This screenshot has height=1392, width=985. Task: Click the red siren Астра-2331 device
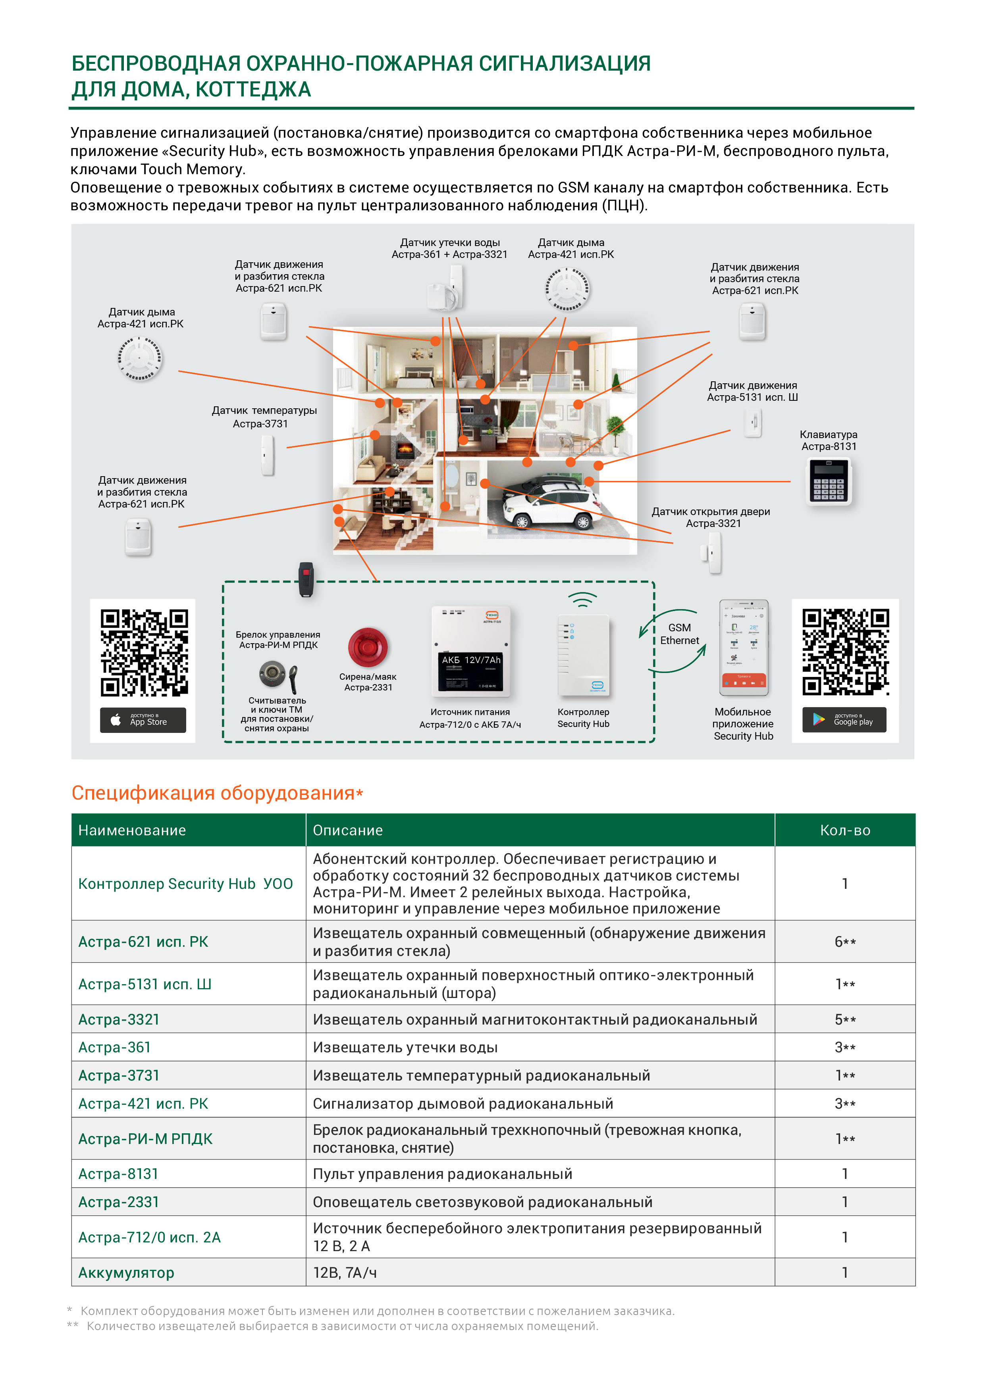[368, 647]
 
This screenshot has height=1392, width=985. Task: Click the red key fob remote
[306, 579]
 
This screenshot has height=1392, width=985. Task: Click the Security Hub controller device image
[583, 655]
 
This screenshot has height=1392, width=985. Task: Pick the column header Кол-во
[844, 830]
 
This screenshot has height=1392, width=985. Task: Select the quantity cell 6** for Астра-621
[844, 942]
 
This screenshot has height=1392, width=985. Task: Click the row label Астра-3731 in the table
[119, 1075]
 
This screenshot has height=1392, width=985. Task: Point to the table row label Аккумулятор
[126, 1273]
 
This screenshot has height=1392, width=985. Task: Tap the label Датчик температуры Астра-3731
[264, 417]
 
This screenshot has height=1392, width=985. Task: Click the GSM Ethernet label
[679, 634]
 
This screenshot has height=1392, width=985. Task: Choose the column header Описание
[347, 830]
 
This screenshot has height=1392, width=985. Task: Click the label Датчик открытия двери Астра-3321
[711, 517]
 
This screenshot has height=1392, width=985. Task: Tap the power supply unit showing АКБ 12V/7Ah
[471, 652]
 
